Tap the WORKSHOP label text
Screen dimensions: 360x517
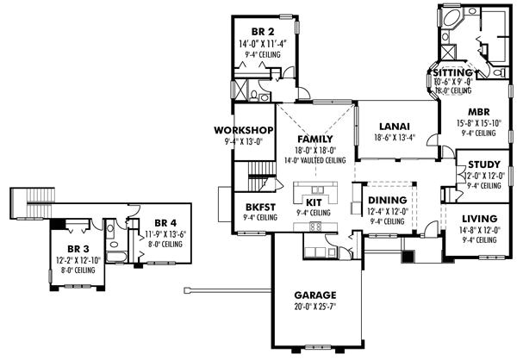(x=244, y=131)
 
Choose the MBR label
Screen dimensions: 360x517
(x=478, y=112)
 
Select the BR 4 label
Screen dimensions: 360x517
(x=155, y=220)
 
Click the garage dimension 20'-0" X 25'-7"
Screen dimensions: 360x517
(x=314, y=306)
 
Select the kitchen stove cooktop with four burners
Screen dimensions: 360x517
(x=315, y=226)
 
